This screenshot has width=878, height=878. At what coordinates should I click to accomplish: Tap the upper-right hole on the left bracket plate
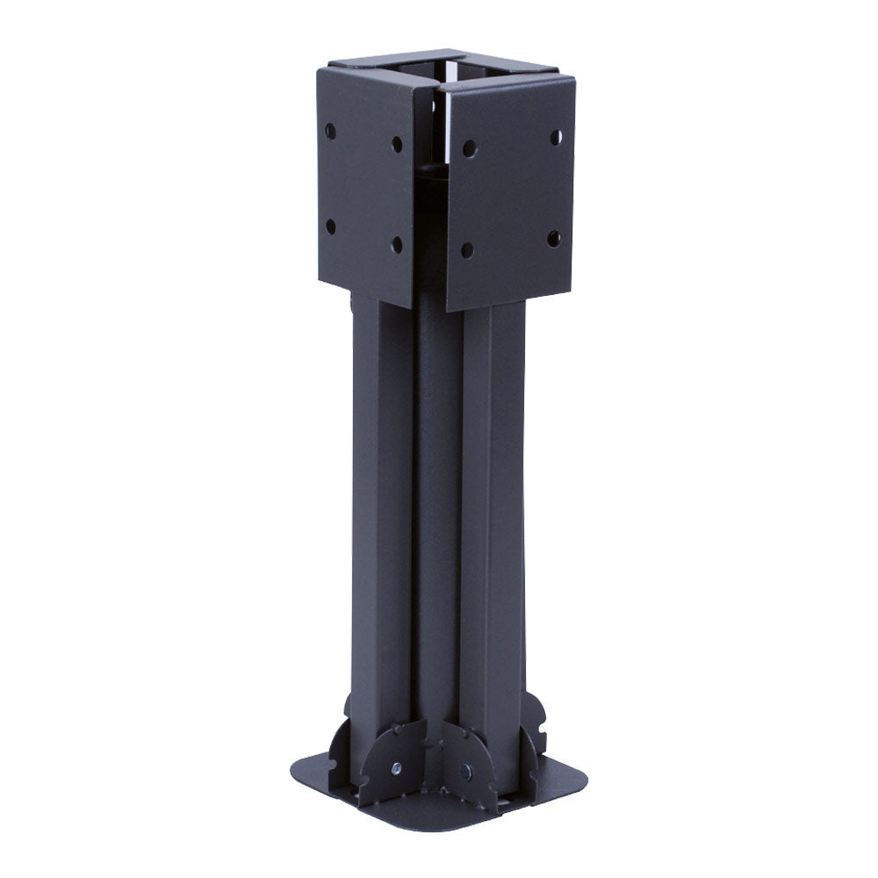[x=397, y=143]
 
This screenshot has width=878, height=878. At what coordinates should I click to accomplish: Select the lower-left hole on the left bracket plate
[x=330, y=226]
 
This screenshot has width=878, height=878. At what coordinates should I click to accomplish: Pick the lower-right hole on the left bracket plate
[x=397, y=244]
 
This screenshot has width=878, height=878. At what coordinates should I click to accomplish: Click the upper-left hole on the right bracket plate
[x=470, y=148]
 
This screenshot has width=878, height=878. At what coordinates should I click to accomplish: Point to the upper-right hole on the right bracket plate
[x=556, y=137]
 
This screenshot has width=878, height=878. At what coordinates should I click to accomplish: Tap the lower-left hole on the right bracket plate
[x=467, y=250]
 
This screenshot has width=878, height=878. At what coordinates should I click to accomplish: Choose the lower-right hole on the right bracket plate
[x=554, y=238]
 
